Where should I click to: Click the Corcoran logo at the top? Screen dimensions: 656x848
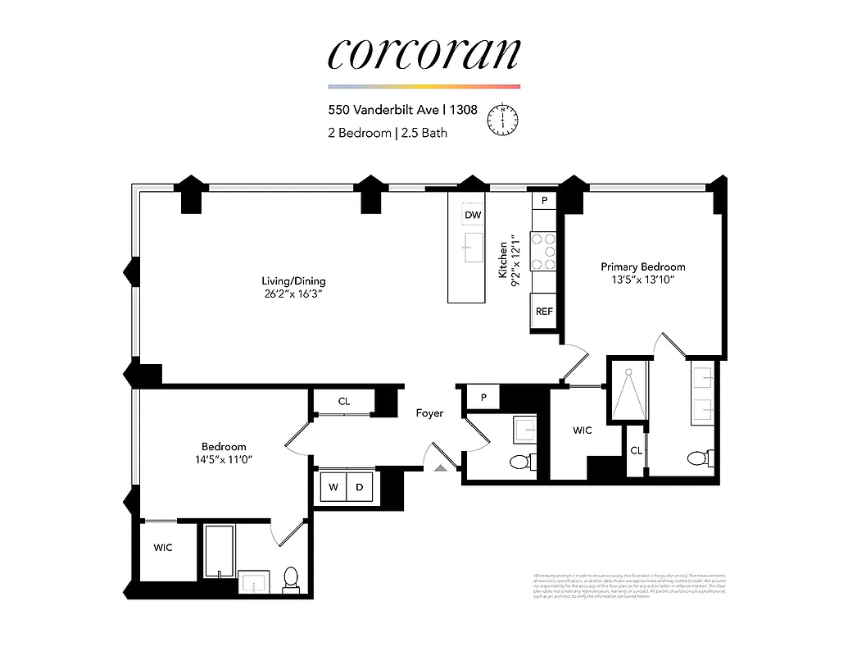424,53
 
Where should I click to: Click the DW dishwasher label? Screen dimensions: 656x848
473,216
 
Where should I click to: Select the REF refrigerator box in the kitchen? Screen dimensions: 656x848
544,312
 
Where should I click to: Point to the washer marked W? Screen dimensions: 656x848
333,487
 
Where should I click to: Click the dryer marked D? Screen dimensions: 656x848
359,487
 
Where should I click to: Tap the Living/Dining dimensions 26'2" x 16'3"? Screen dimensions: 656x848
283,294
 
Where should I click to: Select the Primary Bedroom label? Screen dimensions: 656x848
642,266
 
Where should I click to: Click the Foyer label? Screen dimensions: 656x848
429,413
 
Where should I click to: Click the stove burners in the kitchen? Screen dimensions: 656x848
544,252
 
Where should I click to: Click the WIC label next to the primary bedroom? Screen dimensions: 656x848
582,430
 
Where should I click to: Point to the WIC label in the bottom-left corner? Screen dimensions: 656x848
163,548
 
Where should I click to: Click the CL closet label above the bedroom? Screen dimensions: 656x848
344,402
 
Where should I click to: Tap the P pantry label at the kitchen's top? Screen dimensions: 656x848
544,200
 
